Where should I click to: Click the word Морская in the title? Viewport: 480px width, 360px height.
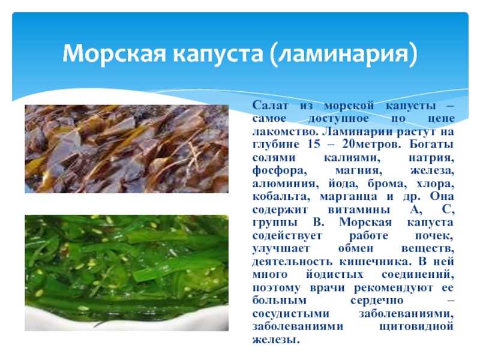[x=115, y=53]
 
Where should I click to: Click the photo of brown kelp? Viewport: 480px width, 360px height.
[x=127, y=149]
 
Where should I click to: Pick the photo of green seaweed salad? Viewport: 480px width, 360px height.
[x=127, y=273]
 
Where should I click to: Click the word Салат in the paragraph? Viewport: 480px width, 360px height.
[x=271, y=106]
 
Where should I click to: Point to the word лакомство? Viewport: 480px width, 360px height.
[x=284, y=131]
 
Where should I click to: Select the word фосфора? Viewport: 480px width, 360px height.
[x=280, y=171]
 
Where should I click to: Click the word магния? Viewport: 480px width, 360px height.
[x=358, y=171]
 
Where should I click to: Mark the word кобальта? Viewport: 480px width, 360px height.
[x=281, y=197]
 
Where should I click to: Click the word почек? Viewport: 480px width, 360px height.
[x=434, y=236]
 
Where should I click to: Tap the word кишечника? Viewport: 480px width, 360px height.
[x=374, y=262]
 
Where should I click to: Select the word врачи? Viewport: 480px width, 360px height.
[x=327, y=289]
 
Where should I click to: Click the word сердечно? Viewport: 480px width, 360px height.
[x=377, y=301]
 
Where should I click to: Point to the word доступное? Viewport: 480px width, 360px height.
[x=338, y=119]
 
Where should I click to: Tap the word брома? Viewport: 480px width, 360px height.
[x=387, y=184]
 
